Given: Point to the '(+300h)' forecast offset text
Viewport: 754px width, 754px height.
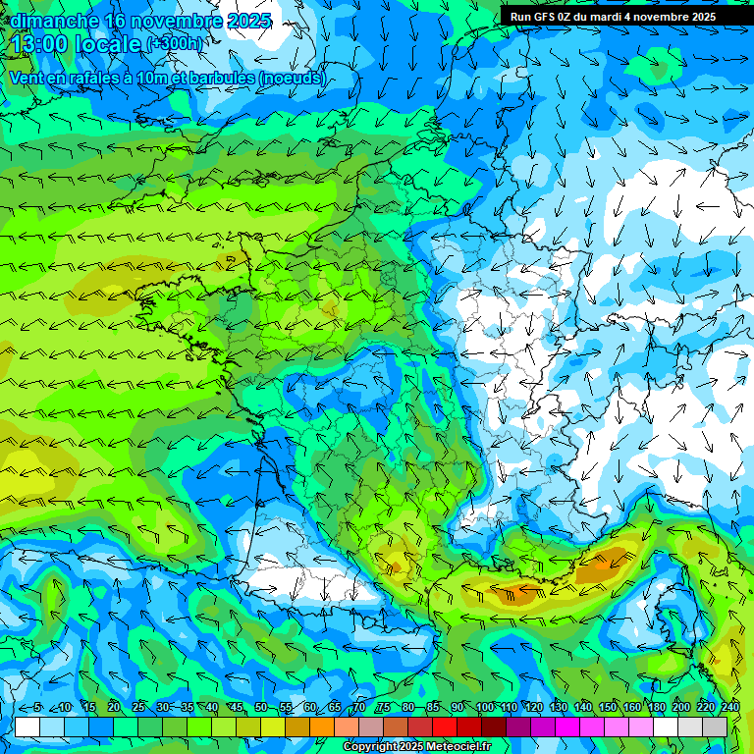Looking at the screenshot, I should coord(178,44).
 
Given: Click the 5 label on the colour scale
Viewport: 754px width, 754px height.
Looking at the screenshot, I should coord(36,708).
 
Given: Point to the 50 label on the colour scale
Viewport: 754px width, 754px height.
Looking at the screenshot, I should coord(261,708).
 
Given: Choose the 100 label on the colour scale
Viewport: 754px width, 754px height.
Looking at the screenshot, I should coord(484,708).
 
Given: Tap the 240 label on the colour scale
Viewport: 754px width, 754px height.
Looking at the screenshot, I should coord(730,708).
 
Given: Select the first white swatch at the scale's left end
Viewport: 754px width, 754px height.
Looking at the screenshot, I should coord(27,727).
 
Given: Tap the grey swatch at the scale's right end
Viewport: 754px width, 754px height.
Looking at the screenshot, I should coord(715,727).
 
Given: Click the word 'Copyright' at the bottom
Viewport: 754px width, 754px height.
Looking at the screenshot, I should coord(366,747).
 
